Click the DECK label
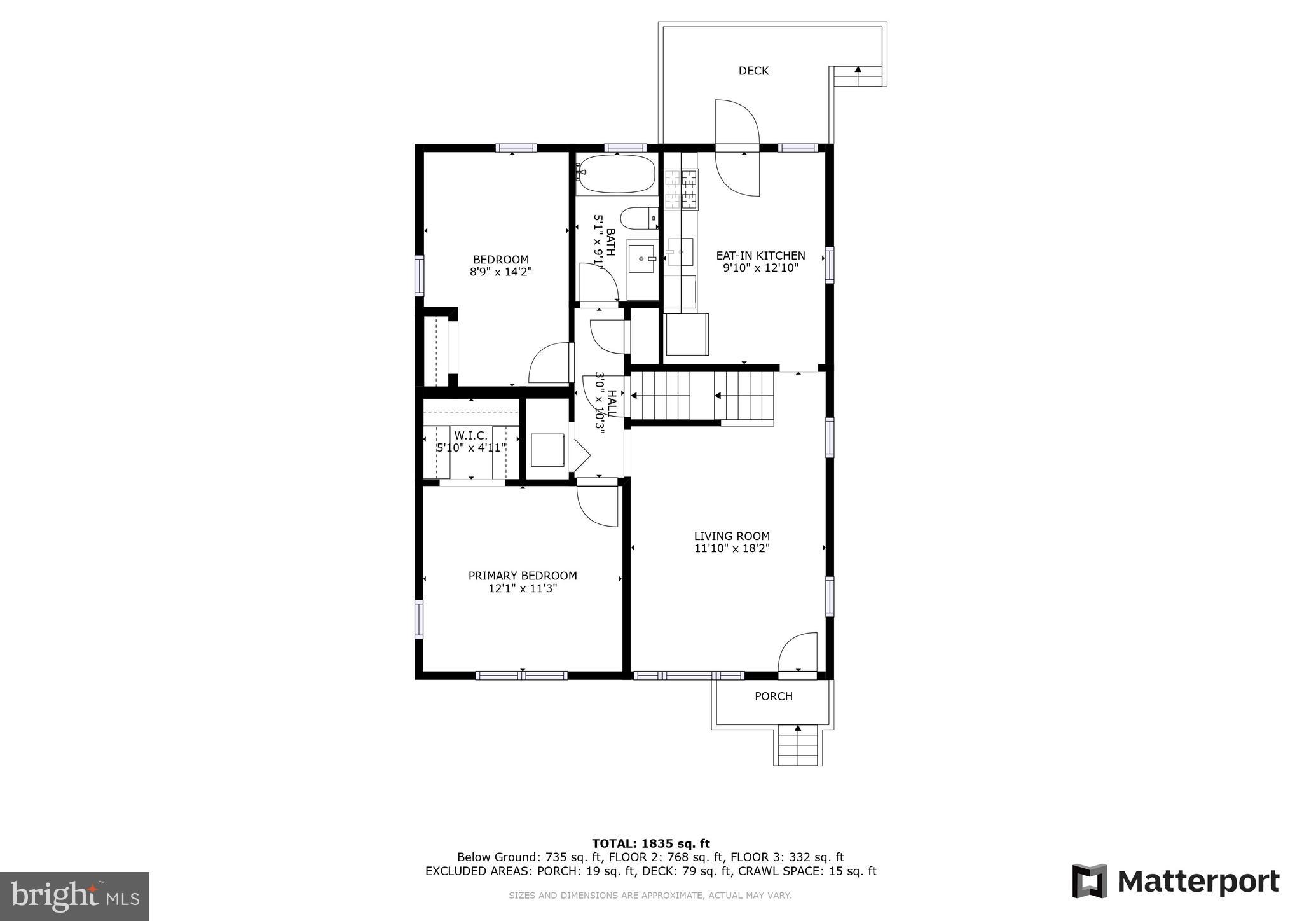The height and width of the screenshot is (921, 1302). click(x=753, y=71)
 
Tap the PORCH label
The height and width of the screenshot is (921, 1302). click(x=773, y=696)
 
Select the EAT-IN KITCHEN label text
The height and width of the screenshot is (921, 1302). click(x=760, y=255)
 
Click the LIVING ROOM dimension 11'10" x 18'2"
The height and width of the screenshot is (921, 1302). click(x=732, y=549)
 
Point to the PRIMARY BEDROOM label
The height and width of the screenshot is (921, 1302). click(x=523, y=576)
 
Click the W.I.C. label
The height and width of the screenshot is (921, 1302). click(x=470, y=436)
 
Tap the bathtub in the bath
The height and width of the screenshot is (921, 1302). click(x=617, y=174)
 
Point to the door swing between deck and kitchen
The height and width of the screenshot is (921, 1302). click(x=737, y=148)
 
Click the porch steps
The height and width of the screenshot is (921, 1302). click(x=798, y=747)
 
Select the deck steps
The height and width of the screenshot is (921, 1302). click(x=858, y=76)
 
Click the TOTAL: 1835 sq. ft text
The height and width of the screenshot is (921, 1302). click(x=650, y=844)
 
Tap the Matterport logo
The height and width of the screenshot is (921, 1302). click(x=1175, y=882)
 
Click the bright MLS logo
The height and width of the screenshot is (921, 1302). click(x=75, y=896)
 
